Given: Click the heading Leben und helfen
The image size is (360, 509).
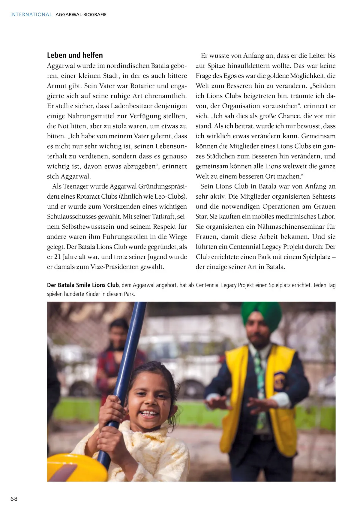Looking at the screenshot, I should point(75,55).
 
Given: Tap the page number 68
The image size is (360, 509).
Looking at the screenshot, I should point(14,499).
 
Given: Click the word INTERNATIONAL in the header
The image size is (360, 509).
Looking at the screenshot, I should point(31,14).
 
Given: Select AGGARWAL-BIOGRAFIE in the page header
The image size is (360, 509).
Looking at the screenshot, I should point(81,14).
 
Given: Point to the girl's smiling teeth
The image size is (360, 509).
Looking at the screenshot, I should point(149,413).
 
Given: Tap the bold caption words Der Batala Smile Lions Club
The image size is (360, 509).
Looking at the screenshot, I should point(83,285).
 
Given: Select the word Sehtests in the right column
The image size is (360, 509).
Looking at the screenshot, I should point(324,197).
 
